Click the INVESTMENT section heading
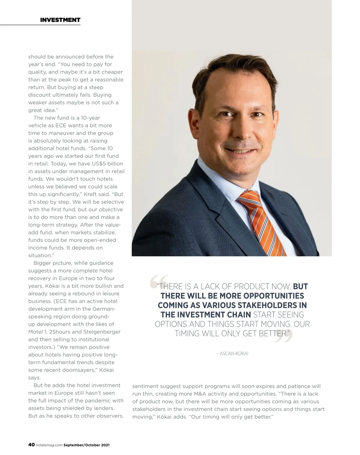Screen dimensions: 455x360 point(60,20)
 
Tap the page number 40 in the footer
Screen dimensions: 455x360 point(31,445)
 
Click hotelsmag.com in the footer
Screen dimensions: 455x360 point(49,445)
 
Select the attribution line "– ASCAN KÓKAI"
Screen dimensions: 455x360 point(232,353)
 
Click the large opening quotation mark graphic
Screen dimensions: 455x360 point(158,282)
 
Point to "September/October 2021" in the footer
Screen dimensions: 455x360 point(86,445)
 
